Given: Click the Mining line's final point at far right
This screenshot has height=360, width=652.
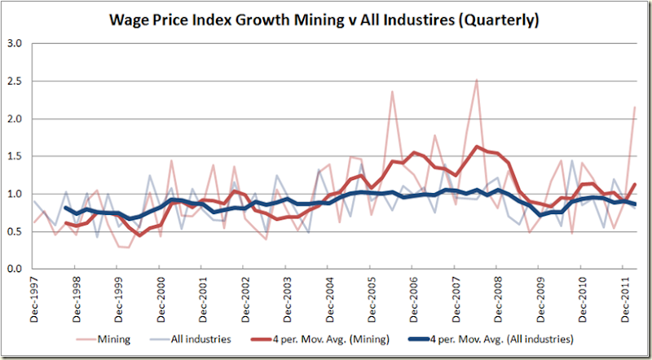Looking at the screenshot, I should (x=635, y=107).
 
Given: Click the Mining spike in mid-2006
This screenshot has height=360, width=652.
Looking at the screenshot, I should (x=392, y=91).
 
